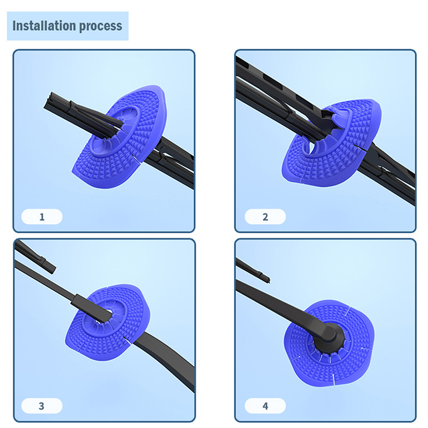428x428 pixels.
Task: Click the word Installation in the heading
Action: (x=44, y=26)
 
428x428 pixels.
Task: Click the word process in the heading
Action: (x=101, y=26)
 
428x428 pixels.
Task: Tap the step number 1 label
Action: (x=42, y=217)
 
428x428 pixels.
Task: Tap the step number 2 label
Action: (x=265, y=217)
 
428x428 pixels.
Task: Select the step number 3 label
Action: (x=42, y=406)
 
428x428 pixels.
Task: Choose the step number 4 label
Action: (x=265, y=406)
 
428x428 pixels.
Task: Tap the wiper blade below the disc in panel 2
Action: (x=387, y=172)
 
